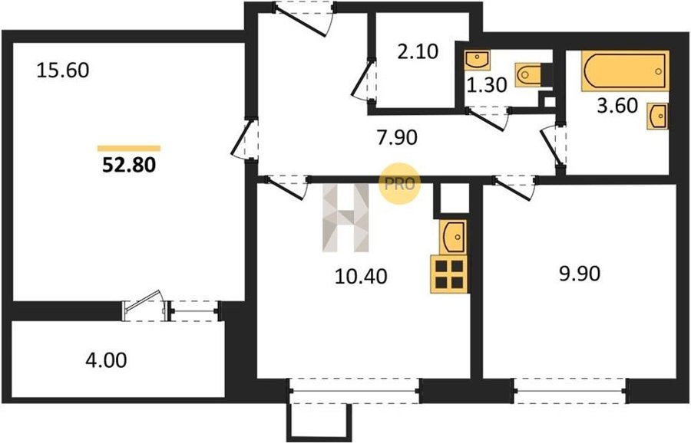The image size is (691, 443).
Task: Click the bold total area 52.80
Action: coord(129,165)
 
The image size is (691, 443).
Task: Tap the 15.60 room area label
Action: coord(63,71)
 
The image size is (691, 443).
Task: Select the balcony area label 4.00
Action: coord(106,360)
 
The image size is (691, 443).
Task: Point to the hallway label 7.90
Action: coord(397,138)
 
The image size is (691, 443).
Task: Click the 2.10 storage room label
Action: coord(418,52)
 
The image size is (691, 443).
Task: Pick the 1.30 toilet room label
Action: coord(487,85)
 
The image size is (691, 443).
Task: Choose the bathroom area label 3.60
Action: coord(617,106)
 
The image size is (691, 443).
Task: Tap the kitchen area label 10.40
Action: coord(361,277)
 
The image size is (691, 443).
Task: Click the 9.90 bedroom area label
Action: coord(580,274)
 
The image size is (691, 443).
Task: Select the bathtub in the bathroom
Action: coord(625,71)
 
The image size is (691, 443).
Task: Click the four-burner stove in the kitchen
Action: coord(449,274)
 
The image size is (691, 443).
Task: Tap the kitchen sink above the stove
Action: coord(453,237)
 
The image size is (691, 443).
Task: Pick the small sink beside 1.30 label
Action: coord(478,61)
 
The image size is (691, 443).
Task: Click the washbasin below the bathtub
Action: coord(657,116)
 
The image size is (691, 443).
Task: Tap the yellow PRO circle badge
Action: coord(400,184)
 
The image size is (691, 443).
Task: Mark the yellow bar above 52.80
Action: coord(129,148)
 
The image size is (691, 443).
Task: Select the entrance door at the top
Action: coord(304,18)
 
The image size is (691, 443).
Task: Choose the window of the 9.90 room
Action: coord(570,391)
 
